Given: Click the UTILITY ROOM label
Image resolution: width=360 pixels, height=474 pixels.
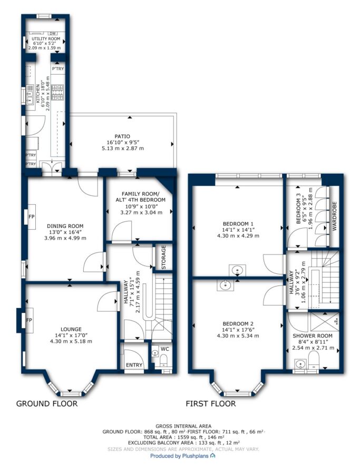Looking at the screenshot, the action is (46, 38).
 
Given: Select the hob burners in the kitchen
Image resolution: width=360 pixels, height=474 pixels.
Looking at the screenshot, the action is (57, 92).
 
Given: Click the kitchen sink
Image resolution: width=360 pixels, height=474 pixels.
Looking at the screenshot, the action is (30, 94).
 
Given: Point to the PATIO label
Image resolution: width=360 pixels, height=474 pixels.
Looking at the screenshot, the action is (122, 136).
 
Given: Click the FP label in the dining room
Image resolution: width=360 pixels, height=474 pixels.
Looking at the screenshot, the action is (31, 217).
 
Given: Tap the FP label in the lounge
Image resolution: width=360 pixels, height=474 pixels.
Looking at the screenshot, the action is (29, 320).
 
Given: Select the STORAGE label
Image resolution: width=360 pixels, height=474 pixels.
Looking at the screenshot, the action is (164, 257).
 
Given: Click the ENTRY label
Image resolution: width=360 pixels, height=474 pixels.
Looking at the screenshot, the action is (134, 365).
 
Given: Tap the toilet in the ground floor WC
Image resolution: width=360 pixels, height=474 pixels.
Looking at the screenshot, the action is (163, 360).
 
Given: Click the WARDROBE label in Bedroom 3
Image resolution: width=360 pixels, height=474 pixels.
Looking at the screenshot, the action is (334, 216).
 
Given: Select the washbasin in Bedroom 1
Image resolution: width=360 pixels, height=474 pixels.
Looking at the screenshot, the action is (238, 270).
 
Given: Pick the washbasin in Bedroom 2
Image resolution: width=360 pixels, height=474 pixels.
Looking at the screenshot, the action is (225, 285).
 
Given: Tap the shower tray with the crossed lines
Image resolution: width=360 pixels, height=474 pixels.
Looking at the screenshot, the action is (325, 322).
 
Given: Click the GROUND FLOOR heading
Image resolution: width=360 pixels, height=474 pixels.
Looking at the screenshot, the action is (46, 403).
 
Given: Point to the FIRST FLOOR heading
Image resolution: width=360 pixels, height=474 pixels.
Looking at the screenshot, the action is (210, 403).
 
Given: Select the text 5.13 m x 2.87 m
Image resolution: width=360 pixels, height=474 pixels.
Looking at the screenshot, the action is (122, 149).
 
